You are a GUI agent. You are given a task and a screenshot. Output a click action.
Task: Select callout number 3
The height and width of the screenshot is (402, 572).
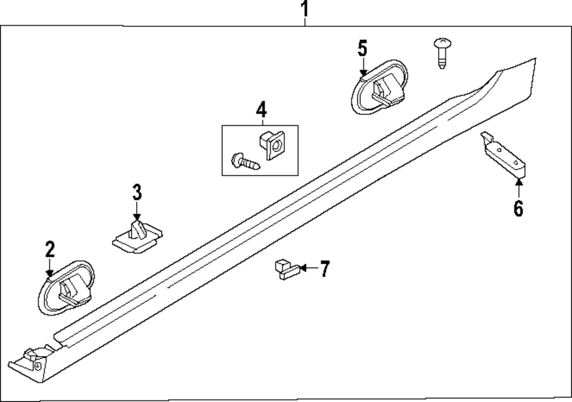coord(137,192)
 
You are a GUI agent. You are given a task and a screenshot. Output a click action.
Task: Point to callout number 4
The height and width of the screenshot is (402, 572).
coord(260,108)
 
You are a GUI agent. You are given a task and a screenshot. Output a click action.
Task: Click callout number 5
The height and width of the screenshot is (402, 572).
coord(362,48)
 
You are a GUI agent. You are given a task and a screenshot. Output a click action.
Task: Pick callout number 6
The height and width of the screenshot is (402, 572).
coord(518,209)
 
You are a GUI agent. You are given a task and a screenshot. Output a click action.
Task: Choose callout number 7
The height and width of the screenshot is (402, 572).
coord(324,268)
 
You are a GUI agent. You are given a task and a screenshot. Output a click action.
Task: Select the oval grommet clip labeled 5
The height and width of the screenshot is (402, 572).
coord(380,86)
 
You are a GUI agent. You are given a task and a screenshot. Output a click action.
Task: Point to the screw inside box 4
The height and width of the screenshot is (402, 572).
coord(245,161)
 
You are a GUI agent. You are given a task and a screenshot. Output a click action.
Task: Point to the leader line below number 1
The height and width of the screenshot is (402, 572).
coord(305,22)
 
